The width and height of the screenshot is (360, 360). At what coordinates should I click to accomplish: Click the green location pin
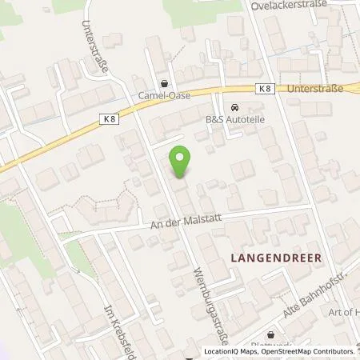181,163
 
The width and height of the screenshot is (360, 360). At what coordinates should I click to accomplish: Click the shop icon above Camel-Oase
165,82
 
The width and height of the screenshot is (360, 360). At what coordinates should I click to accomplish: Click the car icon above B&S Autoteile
234,108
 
